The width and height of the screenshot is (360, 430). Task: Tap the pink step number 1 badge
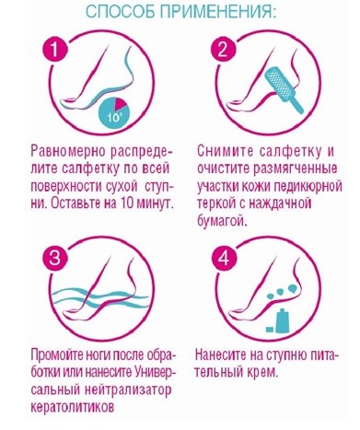[54, 49]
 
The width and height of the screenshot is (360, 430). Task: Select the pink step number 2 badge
[223, 49]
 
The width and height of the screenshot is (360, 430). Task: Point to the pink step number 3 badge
[54, 258]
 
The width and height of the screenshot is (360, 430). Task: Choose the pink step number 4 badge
[223, 258]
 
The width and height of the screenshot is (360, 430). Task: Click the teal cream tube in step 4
[281, 321]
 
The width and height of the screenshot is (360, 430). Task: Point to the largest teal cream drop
[292, 288]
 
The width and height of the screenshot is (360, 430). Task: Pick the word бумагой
[222, 220]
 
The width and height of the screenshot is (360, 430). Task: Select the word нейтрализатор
[127, 390]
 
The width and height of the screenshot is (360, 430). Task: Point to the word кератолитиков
[73, 407]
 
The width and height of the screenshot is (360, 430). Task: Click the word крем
[262, 373]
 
